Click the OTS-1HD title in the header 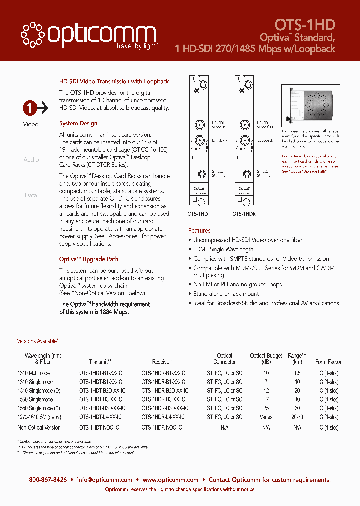tap(305, 25)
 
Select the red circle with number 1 tap(30, 107)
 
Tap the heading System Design tap(78, 123)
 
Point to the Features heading tap(199, 231)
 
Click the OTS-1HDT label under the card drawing tap(199, 213)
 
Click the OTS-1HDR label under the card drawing tap(244, 213)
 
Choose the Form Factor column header tap(328, 362)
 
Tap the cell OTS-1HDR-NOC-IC tap(163, 427)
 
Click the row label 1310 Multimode tap(34, 373)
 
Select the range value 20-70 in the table tap(297, 417)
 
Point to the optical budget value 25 tap(266, 408)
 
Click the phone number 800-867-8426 tap(48, 480)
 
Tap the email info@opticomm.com tap(105, 480)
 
